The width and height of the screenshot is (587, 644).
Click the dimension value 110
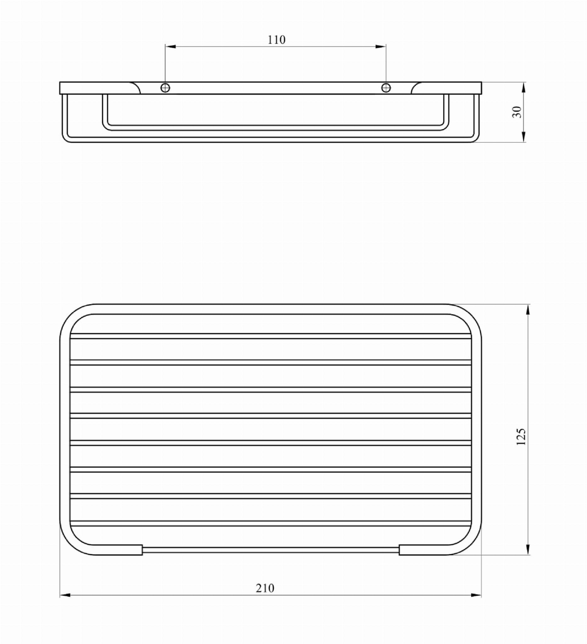(x=277, y=40)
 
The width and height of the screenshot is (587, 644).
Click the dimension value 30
(x=517, y=112)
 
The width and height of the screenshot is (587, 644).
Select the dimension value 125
(x=521, y=437)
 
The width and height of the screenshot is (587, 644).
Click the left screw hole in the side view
(x=165, y=87)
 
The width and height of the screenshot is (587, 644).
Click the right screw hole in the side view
(x=386, y=87)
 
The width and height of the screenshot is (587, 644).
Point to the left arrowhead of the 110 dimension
(x=171, y=47)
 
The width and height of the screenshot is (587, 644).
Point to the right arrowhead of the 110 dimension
(x=380, y=47)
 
